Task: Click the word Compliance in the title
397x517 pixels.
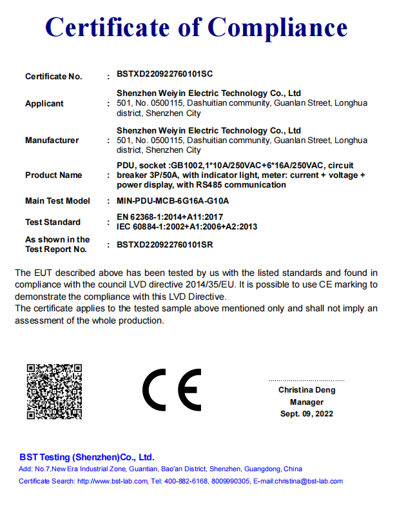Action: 278,28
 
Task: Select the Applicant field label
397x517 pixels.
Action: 44,104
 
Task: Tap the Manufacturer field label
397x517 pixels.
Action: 52,141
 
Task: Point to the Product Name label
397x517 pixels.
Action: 53,175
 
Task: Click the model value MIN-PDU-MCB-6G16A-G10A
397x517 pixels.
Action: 173,201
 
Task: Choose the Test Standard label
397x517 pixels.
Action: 53,222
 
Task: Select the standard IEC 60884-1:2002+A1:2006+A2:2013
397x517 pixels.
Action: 187,226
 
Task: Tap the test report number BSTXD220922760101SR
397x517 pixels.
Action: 164,245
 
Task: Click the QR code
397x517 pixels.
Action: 54,392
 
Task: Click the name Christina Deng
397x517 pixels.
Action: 307,390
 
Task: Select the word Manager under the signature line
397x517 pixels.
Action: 307,402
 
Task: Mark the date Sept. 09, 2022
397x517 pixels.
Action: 307,414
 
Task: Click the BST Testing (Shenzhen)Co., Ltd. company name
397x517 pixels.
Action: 86,456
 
